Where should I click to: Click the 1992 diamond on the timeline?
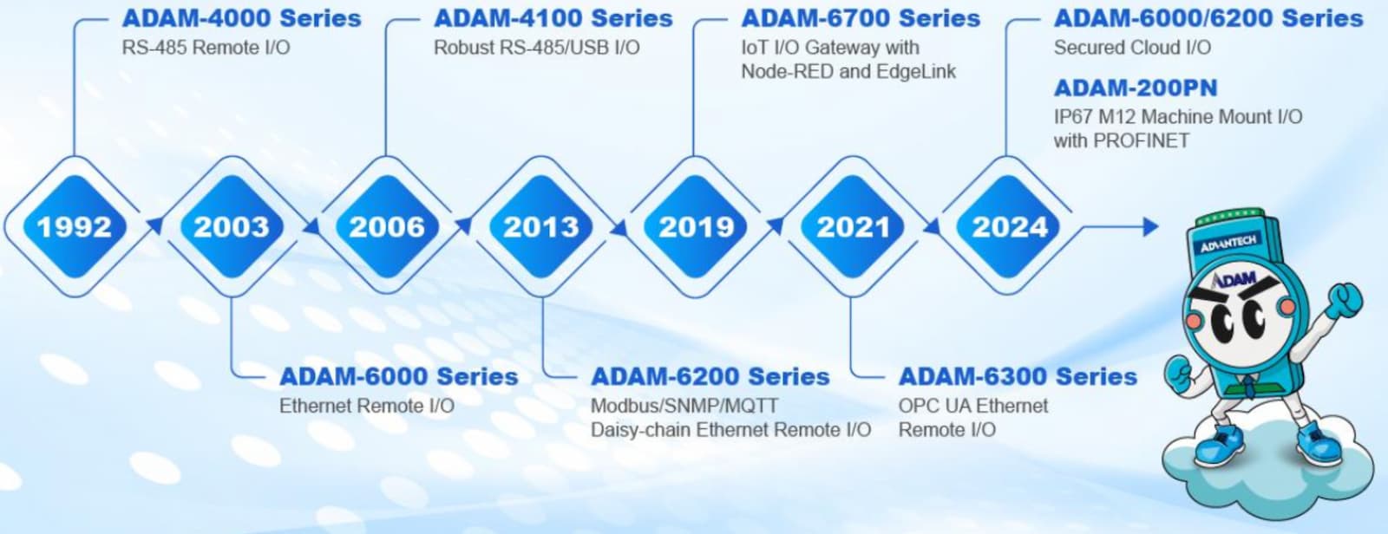(x=75, y=226)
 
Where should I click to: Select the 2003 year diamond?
(x=232, y=226)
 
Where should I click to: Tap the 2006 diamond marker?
(x=387, y=226)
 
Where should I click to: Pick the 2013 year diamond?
(x=541, y=226)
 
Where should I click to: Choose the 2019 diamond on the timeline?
(x=696, y=226)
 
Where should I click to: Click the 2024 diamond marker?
(x=1010, y=226)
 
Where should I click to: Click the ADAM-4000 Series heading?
(x=242, y=18)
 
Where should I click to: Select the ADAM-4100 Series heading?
(x=553, y=18)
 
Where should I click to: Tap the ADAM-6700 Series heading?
(x=861, y=18)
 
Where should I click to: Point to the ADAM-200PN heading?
(x=1136, y=88)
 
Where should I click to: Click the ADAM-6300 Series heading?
(x=1018, y=376)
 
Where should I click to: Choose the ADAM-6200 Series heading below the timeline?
(x=710, y=376)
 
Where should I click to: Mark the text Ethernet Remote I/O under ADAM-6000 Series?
(x=367, y=407)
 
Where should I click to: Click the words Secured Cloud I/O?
(x=1133, y=48)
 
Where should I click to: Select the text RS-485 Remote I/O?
(x=206, y=48)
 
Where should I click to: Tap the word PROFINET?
(x=1142, y=140)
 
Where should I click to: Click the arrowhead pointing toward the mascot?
(x=1150, y=227)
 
